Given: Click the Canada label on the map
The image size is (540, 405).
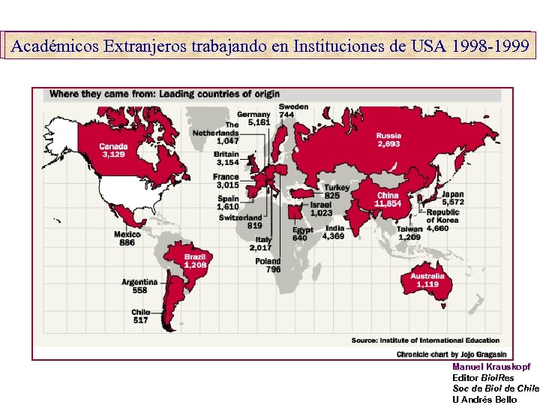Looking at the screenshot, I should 114,150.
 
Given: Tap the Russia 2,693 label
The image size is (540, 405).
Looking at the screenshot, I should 388,139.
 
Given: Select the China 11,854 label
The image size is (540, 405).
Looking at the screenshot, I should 388,199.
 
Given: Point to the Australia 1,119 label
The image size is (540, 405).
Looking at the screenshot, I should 427,280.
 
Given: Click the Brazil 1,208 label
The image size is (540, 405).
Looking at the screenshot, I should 194,261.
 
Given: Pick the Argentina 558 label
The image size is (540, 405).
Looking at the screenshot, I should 139,286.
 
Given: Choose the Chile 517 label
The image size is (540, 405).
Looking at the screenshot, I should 140,316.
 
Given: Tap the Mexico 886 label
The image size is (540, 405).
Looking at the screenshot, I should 127,238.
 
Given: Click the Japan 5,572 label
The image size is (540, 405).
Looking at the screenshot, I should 453,198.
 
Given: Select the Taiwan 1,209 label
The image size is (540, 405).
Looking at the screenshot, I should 409,232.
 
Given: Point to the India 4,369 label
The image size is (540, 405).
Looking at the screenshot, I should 334,232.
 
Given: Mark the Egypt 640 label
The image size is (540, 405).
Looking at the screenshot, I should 303,233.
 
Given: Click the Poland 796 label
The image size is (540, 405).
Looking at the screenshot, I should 268,265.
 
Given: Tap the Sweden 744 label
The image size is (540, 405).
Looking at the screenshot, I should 293,110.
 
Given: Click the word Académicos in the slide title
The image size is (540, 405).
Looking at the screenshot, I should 56,46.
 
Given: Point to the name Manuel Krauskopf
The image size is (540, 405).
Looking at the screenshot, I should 491,367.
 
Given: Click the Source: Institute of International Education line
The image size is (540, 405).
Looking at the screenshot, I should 425,340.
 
